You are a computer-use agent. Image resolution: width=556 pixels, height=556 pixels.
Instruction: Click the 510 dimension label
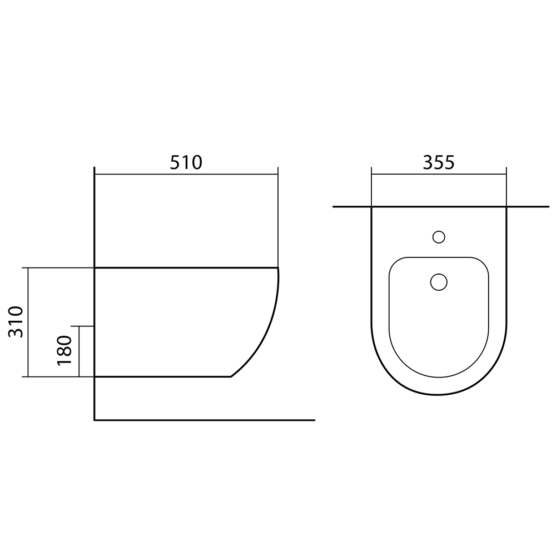pos(186,162)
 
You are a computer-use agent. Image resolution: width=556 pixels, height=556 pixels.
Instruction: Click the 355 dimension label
pos(438,162)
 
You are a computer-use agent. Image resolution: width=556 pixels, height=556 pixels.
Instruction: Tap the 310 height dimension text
pos(16,321)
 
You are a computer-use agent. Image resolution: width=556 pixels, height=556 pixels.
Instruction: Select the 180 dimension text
pos(64,350)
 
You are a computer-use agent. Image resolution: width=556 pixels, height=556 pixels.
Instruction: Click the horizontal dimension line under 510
pos(186,175)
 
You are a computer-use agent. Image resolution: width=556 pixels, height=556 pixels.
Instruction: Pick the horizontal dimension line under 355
pos(439,175)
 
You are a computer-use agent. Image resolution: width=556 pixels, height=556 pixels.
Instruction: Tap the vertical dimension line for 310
pos(28,322)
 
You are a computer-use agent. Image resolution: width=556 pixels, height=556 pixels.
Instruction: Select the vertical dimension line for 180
pos(79,351)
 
